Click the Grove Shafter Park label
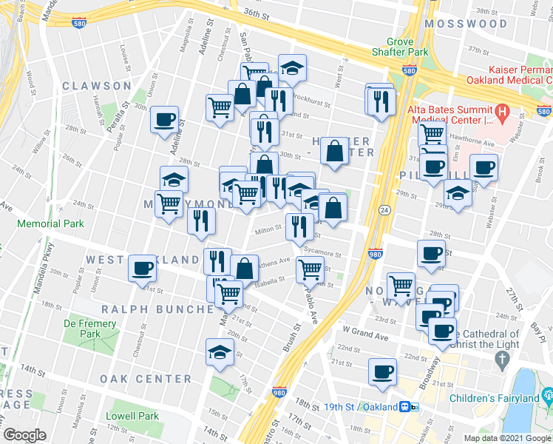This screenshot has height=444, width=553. (x=407, y=47)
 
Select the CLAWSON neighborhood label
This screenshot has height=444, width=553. (x=97, y=86)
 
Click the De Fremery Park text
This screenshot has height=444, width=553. (x=90, y=329)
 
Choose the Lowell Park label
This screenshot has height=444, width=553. (x=132, y=416)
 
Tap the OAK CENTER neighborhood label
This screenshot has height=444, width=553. (x=147, y=379)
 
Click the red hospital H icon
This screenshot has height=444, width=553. (x=503, y=113)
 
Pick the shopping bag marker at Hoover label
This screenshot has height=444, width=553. (x=335, y=152)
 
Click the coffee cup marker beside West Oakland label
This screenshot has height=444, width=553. (x=142, y=269)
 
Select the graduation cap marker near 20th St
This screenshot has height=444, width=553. (x=220, y=353)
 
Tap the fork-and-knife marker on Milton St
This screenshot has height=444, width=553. (x=298, y=227)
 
